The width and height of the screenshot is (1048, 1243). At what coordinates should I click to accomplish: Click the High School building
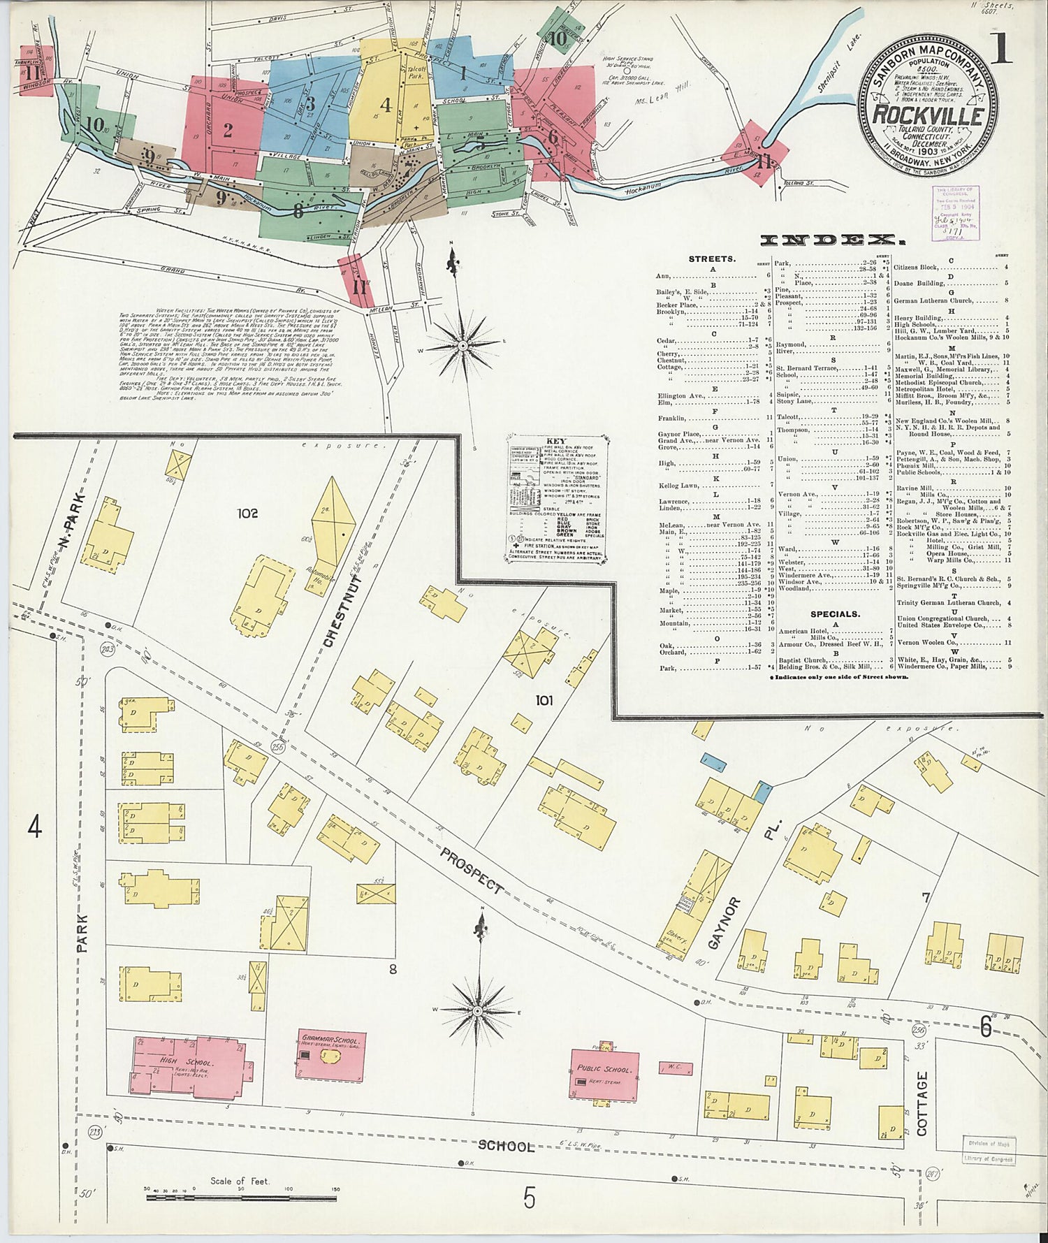click(x=189, y=1065)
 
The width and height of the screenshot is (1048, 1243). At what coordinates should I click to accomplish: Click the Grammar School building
click(x=330, y=1055)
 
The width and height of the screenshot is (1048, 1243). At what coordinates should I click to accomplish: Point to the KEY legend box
click(x=556, y=499)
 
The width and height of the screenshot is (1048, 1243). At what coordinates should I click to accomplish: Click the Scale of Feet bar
click(x=241, y=1197)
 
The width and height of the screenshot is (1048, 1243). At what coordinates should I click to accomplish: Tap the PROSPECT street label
click(x=472, y=868)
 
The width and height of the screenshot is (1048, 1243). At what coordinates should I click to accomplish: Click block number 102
click(x=247, y=514)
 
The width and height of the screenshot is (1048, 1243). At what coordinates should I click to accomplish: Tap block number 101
click(x=544, y=699)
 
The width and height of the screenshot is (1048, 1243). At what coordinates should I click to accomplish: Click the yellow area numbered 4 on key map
click(x=385, y=105)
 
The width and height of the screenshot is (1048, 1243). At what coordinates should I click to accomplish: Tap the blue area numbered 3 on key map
click(x=310, y=103)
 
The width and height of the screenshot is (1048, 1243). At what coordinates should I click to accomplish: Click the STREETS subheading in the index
click(x=712, y=259)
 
